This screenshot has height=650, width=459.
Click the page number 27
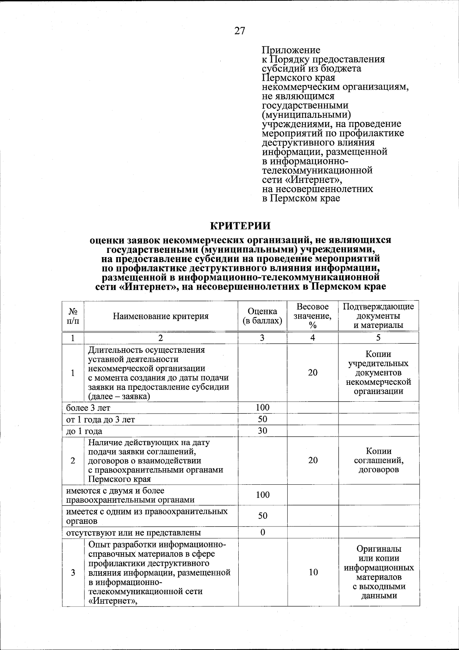click(x=239, y=31)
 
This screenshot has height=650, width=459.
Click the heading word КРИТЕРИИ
click(x=241, y=226)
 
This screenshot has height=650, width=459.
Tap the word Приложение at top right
click(x=291, y=50)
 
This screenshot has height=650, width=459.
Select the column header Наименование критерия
click(x=161, y=316)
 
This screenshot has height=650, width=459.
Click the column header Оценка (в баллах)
click(x=262, y=316)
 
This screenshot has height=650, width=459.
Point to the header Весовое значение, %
click(x=313, y=316)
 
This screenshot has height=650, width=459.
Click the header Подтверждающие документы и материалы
click(x=378, y=316)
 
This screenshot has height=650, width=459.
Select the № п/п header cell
click(x=73, y=316)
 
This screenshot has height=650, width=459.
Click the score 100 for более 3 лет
click(x=262, y=407)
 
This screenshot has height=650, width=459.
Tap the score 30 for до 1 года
click(x=262, y=431)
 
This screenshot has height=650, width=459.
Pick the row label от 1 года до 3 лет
click(x=101, y=419)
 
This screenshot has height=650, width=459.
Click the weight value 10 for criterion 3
click(x=313, y=572)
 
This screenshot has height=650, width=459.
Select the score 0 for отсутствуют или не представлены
click(x=263, y=532)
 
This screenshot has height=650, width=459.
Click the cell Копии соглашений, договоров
click(x=378, y=460)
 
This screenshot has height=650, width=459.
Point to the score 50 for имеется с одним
click(x=263, y=516)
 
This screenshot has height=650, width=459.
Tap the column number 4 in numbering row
click(x=313, y=338)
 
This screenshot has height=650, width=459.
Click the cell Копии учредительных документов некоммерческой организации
click(x=378, y=373)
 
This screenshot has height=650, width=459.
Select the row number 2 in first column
click(x=73, y=460)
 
